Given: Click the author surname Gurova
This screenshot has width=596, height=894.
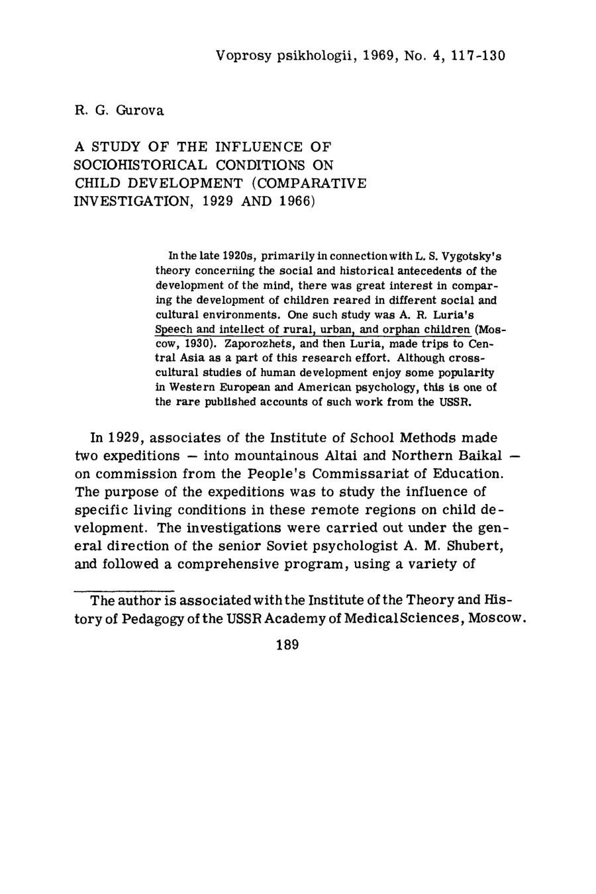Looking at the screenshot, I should coord(140,111).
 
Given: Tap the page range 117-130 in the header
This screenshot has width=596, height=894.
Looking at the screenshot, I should coord(477,56).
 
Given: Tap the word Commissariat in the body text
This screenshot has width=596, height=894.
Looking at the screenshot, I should coord(353,474).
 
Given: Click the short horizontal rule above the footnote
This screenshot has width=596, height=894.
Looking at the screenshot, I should coord(123,588).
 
